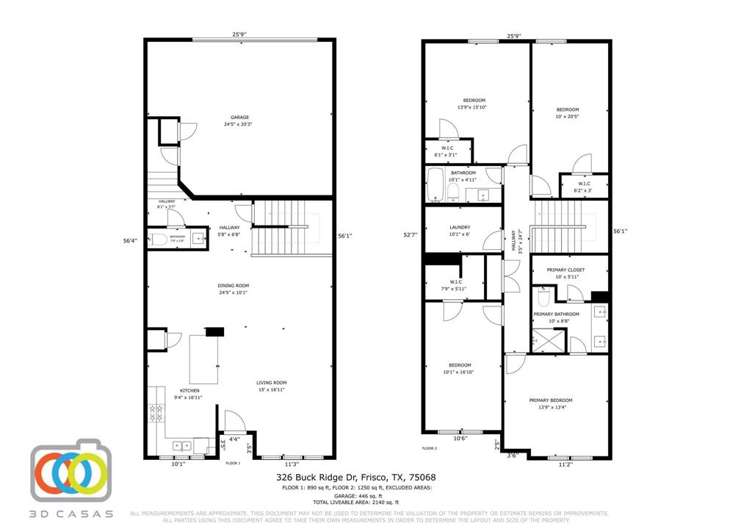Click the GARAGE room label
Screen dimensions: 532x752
[239, 118]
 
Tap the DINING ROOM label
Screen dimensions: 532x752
[233, 285]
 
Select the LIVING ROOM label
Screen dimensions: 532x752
[271, 382]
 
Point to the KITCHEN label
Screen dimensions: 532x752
[189, 391]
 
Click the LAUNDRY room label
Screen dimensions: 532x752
[460, 228]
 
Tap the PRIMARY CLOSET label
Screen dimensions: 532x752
[565, 270]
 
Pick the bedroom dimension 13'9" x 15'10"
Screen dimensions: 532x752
[473, 107]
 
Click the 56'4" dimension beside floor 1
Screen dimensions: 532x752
[131, 240]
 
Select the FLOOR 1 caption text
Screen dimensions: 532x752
[233, 463]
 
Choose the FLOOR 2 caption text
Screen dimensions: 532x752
[430, 447]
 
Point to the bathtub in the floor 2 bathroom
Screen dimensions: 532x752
[435, 186]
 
